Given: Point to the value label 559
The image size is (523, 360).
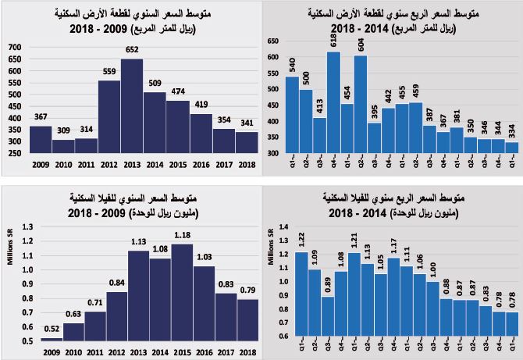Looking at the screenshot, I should (x=109, y=72).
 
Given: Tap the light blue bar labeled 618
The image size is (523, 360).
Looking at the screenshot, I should (x=333, y=102).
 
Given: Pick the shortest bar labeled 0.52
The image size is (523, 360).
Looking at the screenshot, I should (x=52, y=339).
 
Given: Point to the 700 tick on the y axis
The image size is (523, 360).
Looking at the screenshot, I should (x=16, y=48).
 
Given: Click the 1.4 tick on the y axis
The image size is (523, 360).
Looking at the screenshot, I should (x=274, y=226).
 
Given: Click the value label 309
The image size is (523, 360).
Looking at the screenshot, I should (x=63, y=130).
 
